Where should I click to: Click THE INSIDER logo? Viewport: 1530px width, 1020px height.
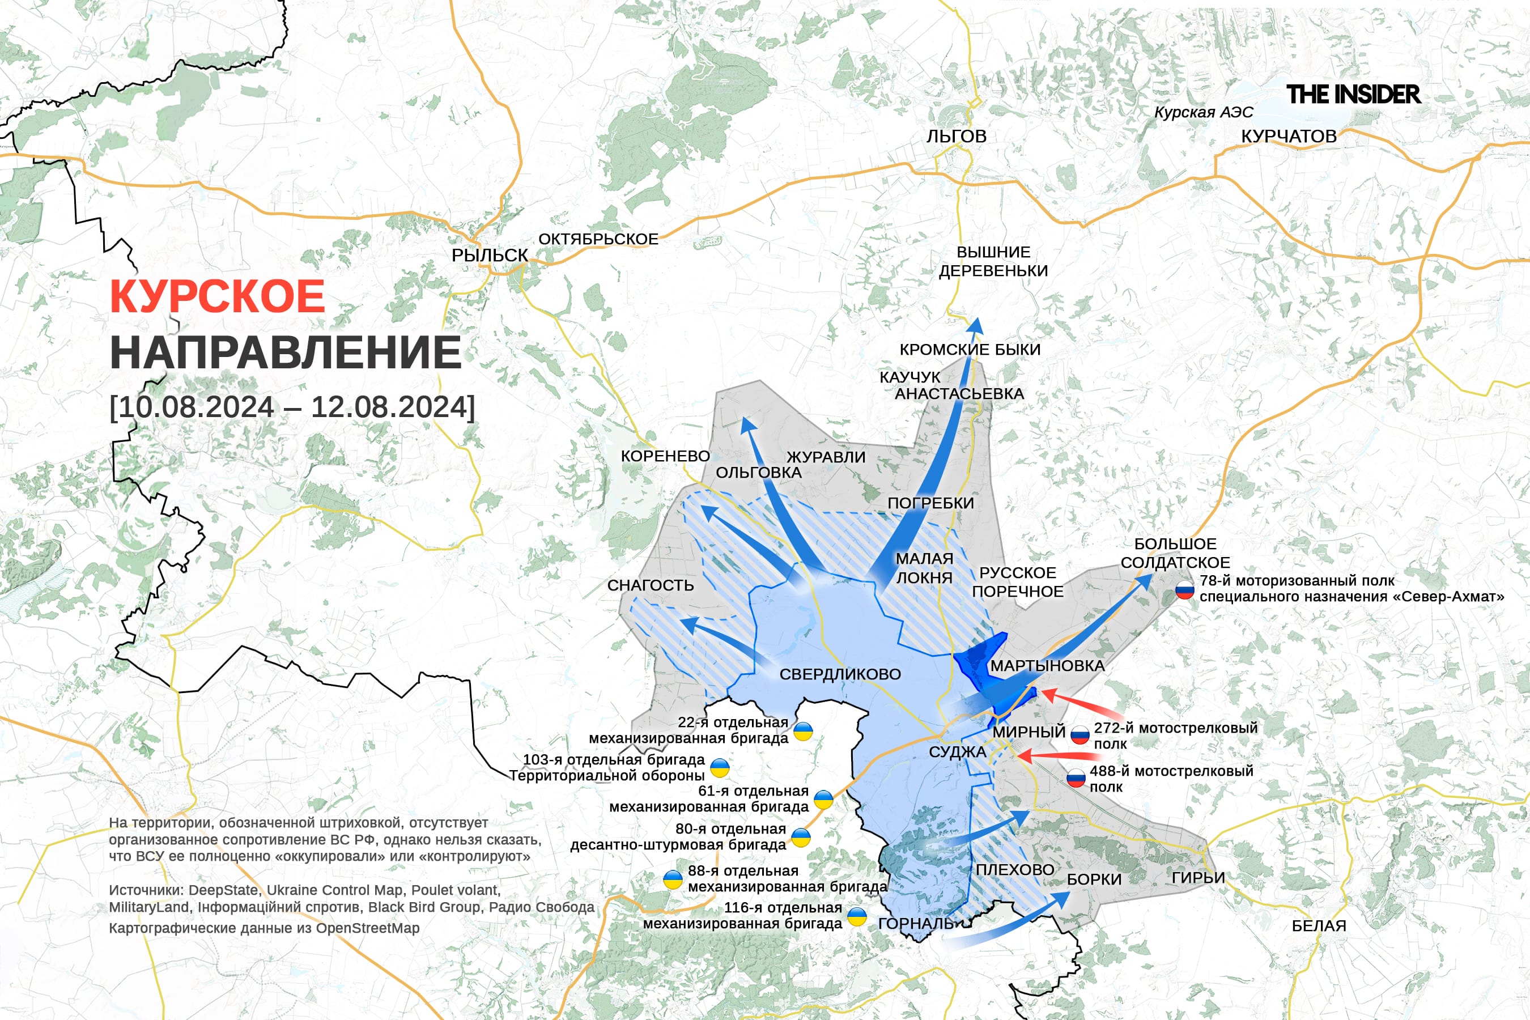point(1353,94)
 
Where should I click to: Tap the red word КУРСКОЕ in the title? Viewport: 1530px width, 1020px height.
point(217,296)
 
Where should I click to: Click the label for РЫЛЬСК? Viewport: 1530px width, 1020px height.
point(489,255)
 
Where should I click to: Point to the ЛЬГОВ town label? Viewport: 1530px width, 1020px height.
point(957,136)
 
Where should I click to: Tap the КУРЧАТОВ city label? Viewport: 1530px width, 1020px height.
point(1289,136)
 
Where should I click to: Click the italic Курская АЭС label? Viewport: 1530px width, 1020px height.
point(1204,112)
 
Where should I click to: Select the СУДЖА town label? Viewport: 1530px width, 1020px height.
point(957,752)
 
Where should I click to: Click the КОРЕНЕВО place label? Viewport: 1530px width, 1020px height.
point(665,456)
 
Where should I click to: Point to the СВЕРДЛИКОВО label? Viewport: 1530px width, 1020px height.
point(840,674)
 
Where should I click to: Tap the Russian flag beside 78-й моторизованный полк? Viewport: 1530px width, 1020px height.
point(1184,590)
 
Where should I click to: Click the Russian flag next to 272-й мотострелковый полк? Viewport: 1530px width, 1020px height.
point(1080,735)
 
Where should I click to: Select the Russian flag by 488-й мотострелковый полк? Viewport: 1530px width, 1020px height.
point(1076,778)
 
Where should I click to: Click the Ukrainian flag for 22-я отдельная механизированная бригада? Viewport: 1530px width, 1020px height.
point(804,731)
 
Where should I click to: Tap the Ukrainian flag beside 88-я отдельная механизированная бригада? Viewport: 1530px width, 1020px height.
point(673,880)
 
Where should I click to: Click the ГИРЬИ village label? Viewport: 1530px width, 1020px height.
point(1197,878)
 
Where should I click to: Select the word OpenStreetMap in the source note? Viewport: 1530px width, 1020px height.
point(368,928)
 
